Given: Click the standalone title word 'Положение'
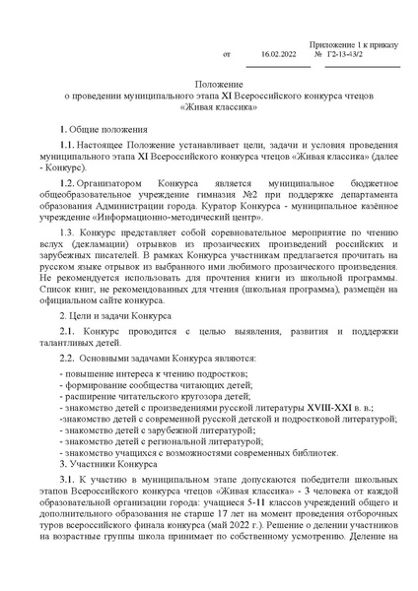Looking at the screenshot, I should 209,86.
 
